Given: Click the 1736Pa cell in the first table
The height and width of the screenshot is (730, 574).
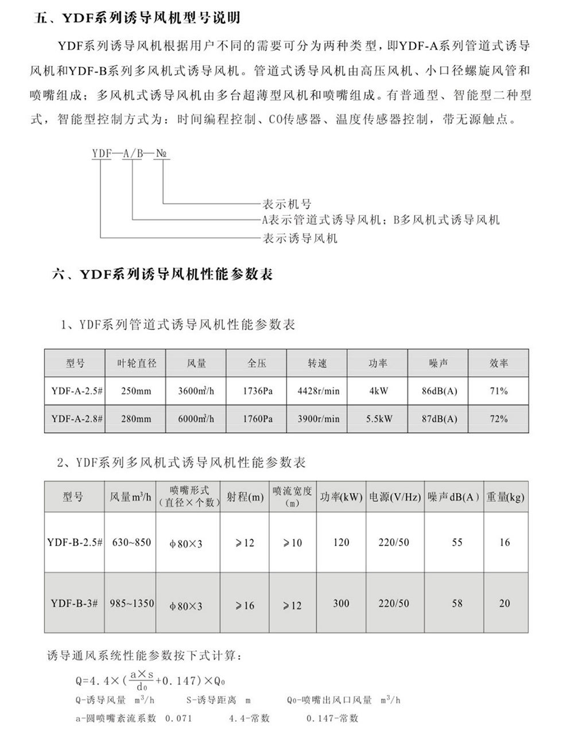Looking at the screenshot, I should pyautogui.click(x=257, y=392).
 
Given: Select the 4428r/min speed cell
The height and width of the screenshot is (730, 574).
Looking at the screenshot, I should pyautogui.click(x=319, y=392).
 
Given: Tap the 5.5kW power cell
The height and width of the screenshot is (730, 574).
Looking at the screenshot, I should pyautogui.click(x=379, y=419).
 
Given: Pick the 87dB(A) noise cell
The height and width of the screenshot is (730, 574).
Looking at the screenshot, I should pyautogui.click(x=440, y=419).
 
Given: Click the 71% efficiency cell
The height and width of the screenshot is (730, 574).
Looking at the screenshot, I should pyautogui.click(x=499, y=392).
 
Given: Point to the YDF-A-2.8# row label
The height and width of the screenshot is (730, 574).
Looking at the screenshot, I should pyautogui.click(x=76, y=419).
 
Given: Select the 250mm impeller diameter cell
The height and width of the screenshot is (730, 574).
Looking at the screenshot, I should pyautogui.click(x=136, y=392).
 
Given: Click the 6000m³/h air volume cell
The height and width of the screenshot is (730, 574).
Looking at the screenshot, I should pyautogui.click(x=196, y=419).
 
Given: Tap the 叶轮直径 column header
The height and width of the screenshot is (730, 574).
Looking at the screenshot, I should pyautogui.click(x=137, y=364).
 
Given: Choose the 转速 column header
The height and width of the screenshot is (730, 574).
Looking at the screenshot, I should pyautogui.click(x=317, y=364).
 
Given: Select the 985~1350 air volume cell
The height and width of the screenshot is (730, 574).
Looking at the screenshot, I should pyautogui.click(x=133, y=604).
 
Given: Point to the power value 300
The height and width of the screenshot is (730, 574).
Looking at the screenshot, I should pyautogui.click(x=341, y=604).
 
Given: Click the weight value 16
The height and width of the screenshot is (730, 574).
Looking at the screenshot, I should pyautogui.click(x=505, y=542).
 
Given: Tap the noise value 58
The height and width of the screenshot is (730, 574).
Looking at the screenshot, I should pyautogui.click(x=457, y=604).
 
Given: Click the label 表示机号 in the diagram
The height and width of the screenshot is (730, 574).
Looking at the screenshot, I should pyautogui.click(x=286, y=204).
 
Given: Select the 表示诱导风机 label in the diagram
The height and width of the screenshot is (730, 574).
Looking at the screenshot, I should pyautogui.click(x=300, y=238).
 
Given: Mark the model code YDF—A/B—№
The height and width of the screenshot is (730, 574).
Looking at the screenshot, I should pyautogui.click(x=131, y=153).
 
